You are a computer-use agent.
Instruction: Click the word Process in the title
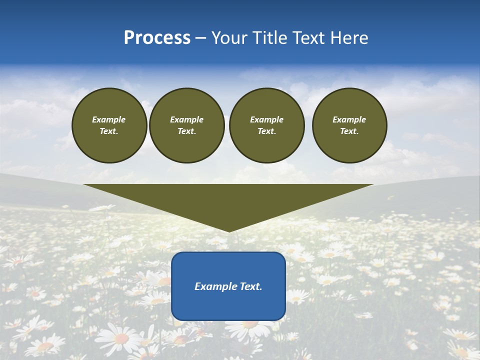coord(157,38)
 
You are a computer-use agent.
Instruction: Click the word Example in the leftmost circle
coord(109,119)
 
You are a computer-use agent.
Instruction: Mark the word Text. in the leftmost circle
coord(109,131)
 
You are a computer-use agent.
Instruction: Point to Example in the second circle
coord(187,119)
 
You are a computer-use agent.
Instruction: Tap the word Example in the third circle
coord(267,119)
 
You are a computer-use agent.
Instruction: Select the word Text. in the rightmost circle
coord(349,131)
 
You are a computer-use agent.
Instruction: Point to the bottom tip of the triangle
coord(229,231)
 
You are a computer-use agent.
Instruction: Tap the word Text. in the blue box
coord(250,286)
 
